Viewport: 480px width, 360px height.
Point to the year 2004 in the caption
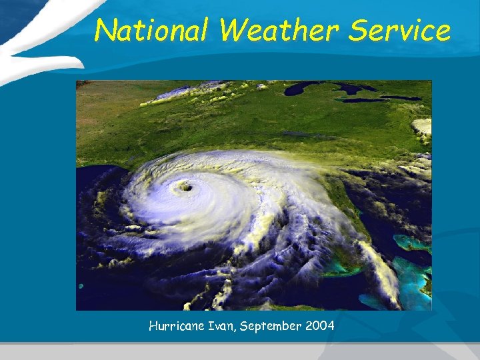click(319, 327)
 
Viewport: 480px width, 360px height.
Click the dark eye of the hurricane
click(186, 188)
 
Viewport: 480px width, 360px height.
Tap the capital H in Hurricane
click(153, 327)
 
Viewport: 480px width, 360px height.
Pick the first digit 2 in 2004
click(309, 327)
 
